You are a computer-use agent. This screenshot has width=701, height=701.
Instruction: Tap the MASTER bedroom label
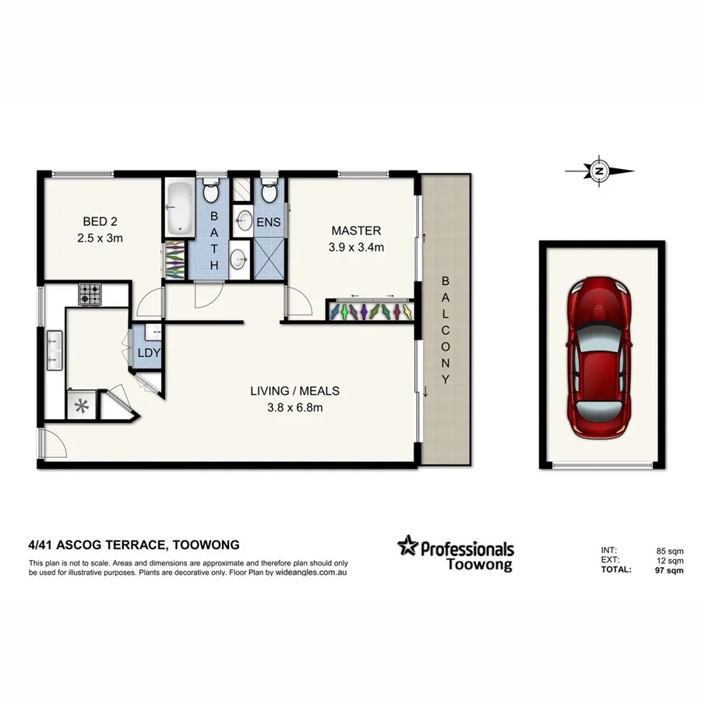coord(356,231)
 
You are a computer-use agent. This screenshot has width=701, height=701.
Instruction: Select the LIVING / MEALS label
coord(294,391)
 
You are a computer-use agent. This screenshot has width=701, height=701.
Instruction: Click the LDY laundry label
coord(148,352)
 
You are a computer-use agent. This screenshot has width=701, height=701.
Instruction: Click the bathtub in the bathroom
coord(180,207)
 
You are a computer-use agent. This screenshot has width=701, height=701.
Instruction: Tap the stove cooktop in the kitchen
coord(90,294)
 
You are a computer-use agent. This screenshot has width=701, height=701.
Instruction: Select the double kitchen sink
coord(55,350)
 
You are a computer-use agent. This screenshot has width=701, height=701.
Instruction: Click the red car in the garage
coord(602,356)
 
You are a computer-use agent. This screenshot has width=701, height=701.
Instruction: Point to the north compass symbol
coord(599,171)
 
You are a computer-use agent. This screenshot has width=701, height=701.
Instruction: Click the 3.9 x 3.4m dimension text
coord(356,248)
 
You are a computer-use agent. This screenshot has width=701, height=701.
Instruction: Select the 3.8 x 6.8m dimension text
coord(294,407)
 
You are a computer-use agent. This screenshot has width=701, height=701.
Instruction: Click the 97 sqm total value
coord(669,570)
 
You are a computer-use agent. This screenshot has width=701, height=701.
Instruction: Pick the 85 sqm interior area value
coord(669,551)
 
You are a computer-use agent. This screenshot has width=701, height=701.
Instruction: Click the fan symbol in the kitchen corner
coord(79,403)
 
